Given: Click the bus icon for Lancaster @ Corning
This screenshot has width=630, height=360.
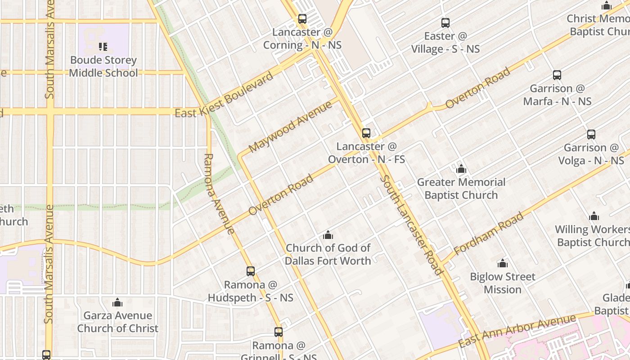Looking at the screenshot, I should point(302,19).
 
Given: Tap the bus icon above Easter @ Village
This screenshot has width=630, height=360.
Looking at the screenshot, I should point(445,23).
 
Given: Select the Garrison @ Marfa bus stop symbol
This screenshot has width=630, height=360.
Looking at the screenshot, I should point(557,75).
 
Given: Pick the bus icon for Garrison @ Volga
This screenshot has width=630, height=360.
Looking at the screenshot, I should point(591,135).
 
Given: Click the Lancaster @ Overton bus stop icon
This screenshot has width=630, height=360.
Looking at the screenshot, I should point(366,133).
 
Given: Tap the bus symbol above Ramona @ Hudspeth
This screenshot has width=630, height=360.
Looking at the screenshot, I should point(251,271).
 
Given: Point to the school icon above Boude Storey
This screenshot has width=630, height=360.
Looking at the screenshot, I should point(103,47).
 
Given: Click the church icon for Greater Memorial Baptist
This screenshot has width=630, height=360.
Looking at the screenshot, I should point(461,169).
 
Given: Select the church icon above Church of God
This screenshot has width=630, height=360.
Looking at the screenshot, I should point(328,235).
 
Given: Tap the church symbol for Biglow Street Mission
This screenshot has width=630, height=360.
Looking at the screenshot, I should point(503,263).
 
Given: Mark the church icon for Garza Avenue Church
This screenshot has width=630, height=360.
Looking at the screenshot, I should point(117,302).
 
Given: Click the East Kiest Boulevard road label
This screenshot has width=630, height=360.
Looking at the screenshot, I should point(224,95).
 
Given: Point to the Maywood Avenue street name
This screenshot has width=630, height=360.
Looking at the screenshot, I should point(290,126).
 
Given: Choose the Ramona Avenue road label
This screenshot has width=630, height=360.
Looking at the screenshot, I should point(219,194).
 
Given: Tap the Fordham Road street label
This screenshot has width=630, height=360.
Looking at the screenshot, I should point(489,233).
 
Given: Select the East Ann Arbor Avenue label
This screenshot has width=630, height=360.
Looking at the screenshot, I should point(517,331).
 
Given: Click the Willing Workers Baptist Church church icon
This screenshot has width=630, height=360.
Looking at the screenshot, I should point(594,216).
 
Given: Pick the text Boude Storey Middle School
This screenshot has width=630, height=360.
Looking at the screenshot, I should point(103,67).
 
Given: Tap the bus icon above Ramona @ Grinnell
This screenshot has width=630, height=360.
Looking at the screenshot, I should point(279,332).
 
